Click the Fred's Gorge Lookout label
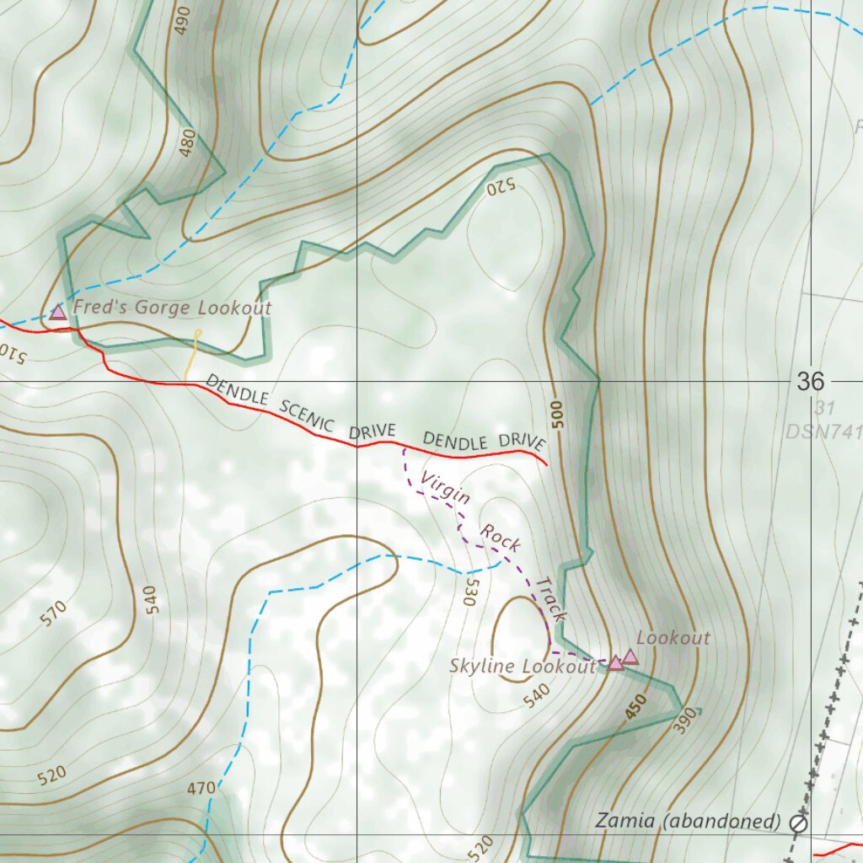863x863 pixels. tap(172, 308)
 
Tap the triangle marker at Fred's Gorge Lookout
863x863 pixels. tap(57, 313)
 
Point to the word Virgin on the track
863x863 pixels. tap(445, 489)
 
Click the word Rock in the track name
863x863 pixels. tap(501, 538)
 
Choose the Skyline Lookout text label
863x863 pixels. tap(523, 666)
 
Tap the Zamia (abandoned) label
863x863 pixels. tap(688, 820)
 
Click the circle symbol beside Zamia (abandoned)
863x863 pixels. tap(798, 823)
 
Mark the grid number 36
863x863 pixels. tap(811, 382)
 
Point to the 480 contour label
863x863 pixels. tap(187, 142)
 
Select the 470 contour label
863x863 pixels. tap(201, 789)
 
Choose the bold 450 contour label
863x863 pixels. tap(636, 706)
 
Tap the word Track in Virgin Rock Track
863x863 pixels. tap(551, 599)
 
